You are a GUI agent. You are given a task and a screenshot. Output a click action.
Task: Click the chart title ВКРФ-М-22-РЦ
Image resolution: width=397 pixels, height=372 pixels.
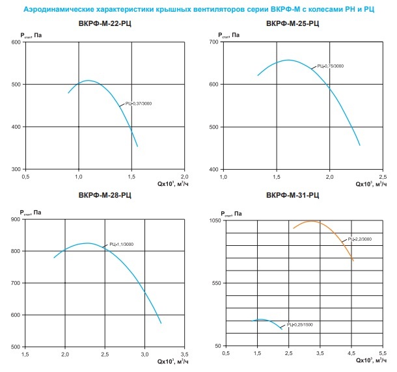(104, 25)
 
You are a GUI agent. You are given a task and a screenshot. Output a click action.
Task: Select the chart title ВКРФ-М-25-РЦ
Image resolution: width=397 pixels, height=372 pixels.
(293, 25)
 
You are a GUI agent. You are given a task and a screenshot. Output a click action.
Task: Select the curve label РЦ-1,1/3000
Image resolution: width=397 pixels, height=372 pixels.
(122, 245)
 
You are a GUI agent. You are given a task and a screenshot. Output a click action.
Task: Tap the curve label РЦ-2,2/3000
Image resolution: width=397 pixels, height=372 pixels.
(359, 239)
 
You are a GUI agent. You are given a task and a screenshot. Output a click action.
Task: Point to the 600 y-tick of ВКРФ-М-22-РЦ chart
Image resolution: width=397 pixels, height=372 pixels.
(15, 42)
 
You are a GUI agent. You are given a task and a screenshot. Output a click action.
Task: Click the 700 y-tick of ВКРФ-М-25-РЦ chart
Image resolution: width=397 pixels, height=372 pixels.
(213, 42)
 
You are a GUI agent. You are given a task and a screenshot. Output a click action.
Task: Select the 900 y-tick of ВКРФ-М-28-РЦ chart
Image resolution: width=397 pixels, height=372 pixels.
(15, 219)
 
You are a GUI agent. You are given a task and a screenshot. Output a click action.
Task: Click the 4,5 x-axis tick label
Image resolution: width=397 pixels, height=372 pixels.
(353, 353)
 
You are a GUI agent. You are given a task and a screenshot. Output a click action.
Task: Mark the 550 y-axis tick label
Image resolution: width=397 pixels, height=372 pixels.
(217, 283)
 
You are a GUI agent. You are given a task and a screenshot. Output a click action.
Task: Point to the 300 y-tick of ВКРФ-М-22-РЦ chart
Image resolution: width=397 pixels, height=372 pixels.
(15, 169)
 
